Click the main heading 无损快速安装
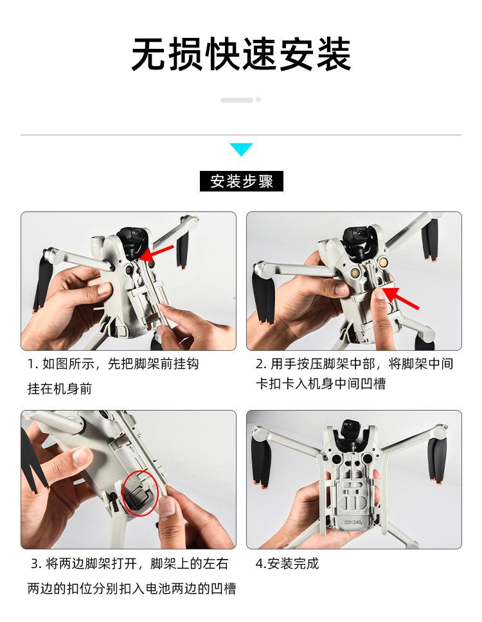point(241,54)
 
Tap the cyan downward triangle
point(241,149)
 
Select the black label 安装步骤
point(241,181)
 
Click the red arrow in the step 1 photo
point(157,253)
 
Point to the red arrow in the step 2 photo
point(401,298)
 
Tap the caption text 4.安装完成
point(287,564)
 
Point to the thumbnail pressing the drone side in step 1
point(105,289)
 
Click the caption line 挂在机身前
point(60,388)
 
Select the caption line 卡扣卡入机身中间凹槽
point(321,384)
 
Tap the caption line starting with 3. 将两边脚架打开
point(130,564)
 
